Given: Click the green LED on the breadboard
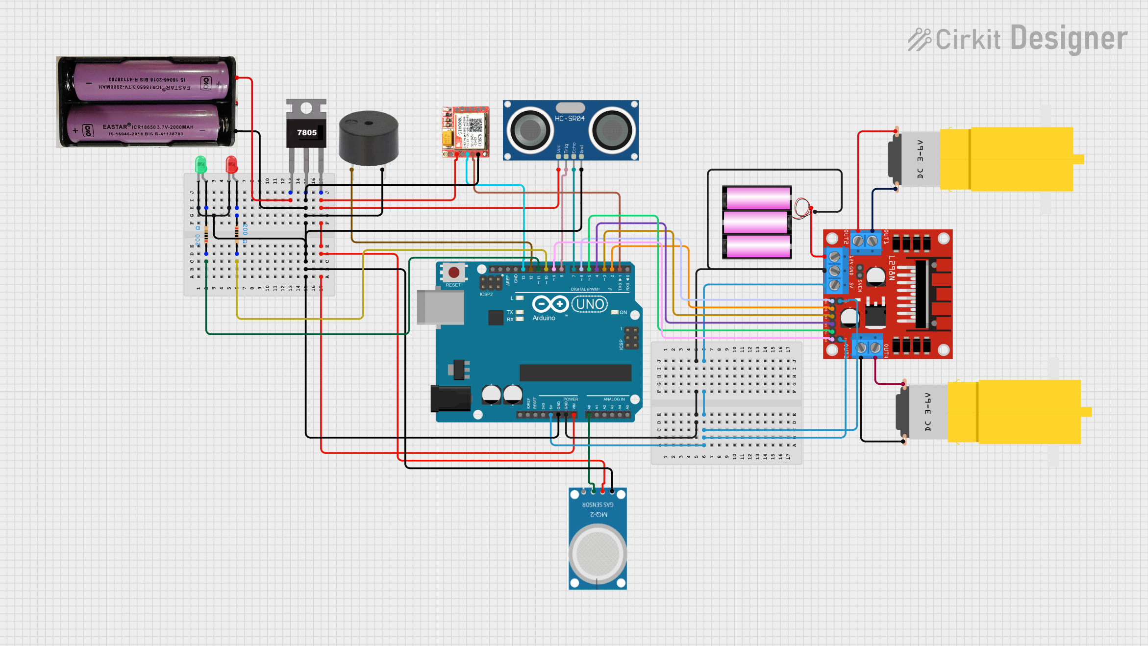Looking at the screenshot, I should [x=200, y=164].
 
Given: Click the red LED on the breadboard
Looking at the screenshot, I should [x=231, y=164].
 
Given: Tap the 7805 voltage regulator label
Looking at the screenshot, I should [x=306, y=132].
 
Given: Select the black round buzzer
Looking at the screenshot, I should [x=368, y=138].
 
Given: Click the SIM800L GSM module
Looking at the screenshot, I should [x=466, y=131].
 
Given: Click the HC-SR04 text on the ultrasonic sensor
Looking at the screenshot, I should [x=570, y=119].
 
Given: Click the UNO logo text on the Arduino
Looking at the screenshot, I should [x=590, y=304].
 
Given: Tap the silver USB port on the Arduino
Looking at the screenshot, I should [x=440, y=307].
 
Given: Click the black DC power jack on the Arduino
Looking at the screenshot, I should [x=450, y=398].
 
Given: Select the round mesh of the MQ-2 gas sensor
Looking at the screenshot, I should [x=598, y=554].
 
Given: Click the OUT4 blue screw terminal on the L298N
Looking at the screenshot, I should [x=868, y=348].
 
